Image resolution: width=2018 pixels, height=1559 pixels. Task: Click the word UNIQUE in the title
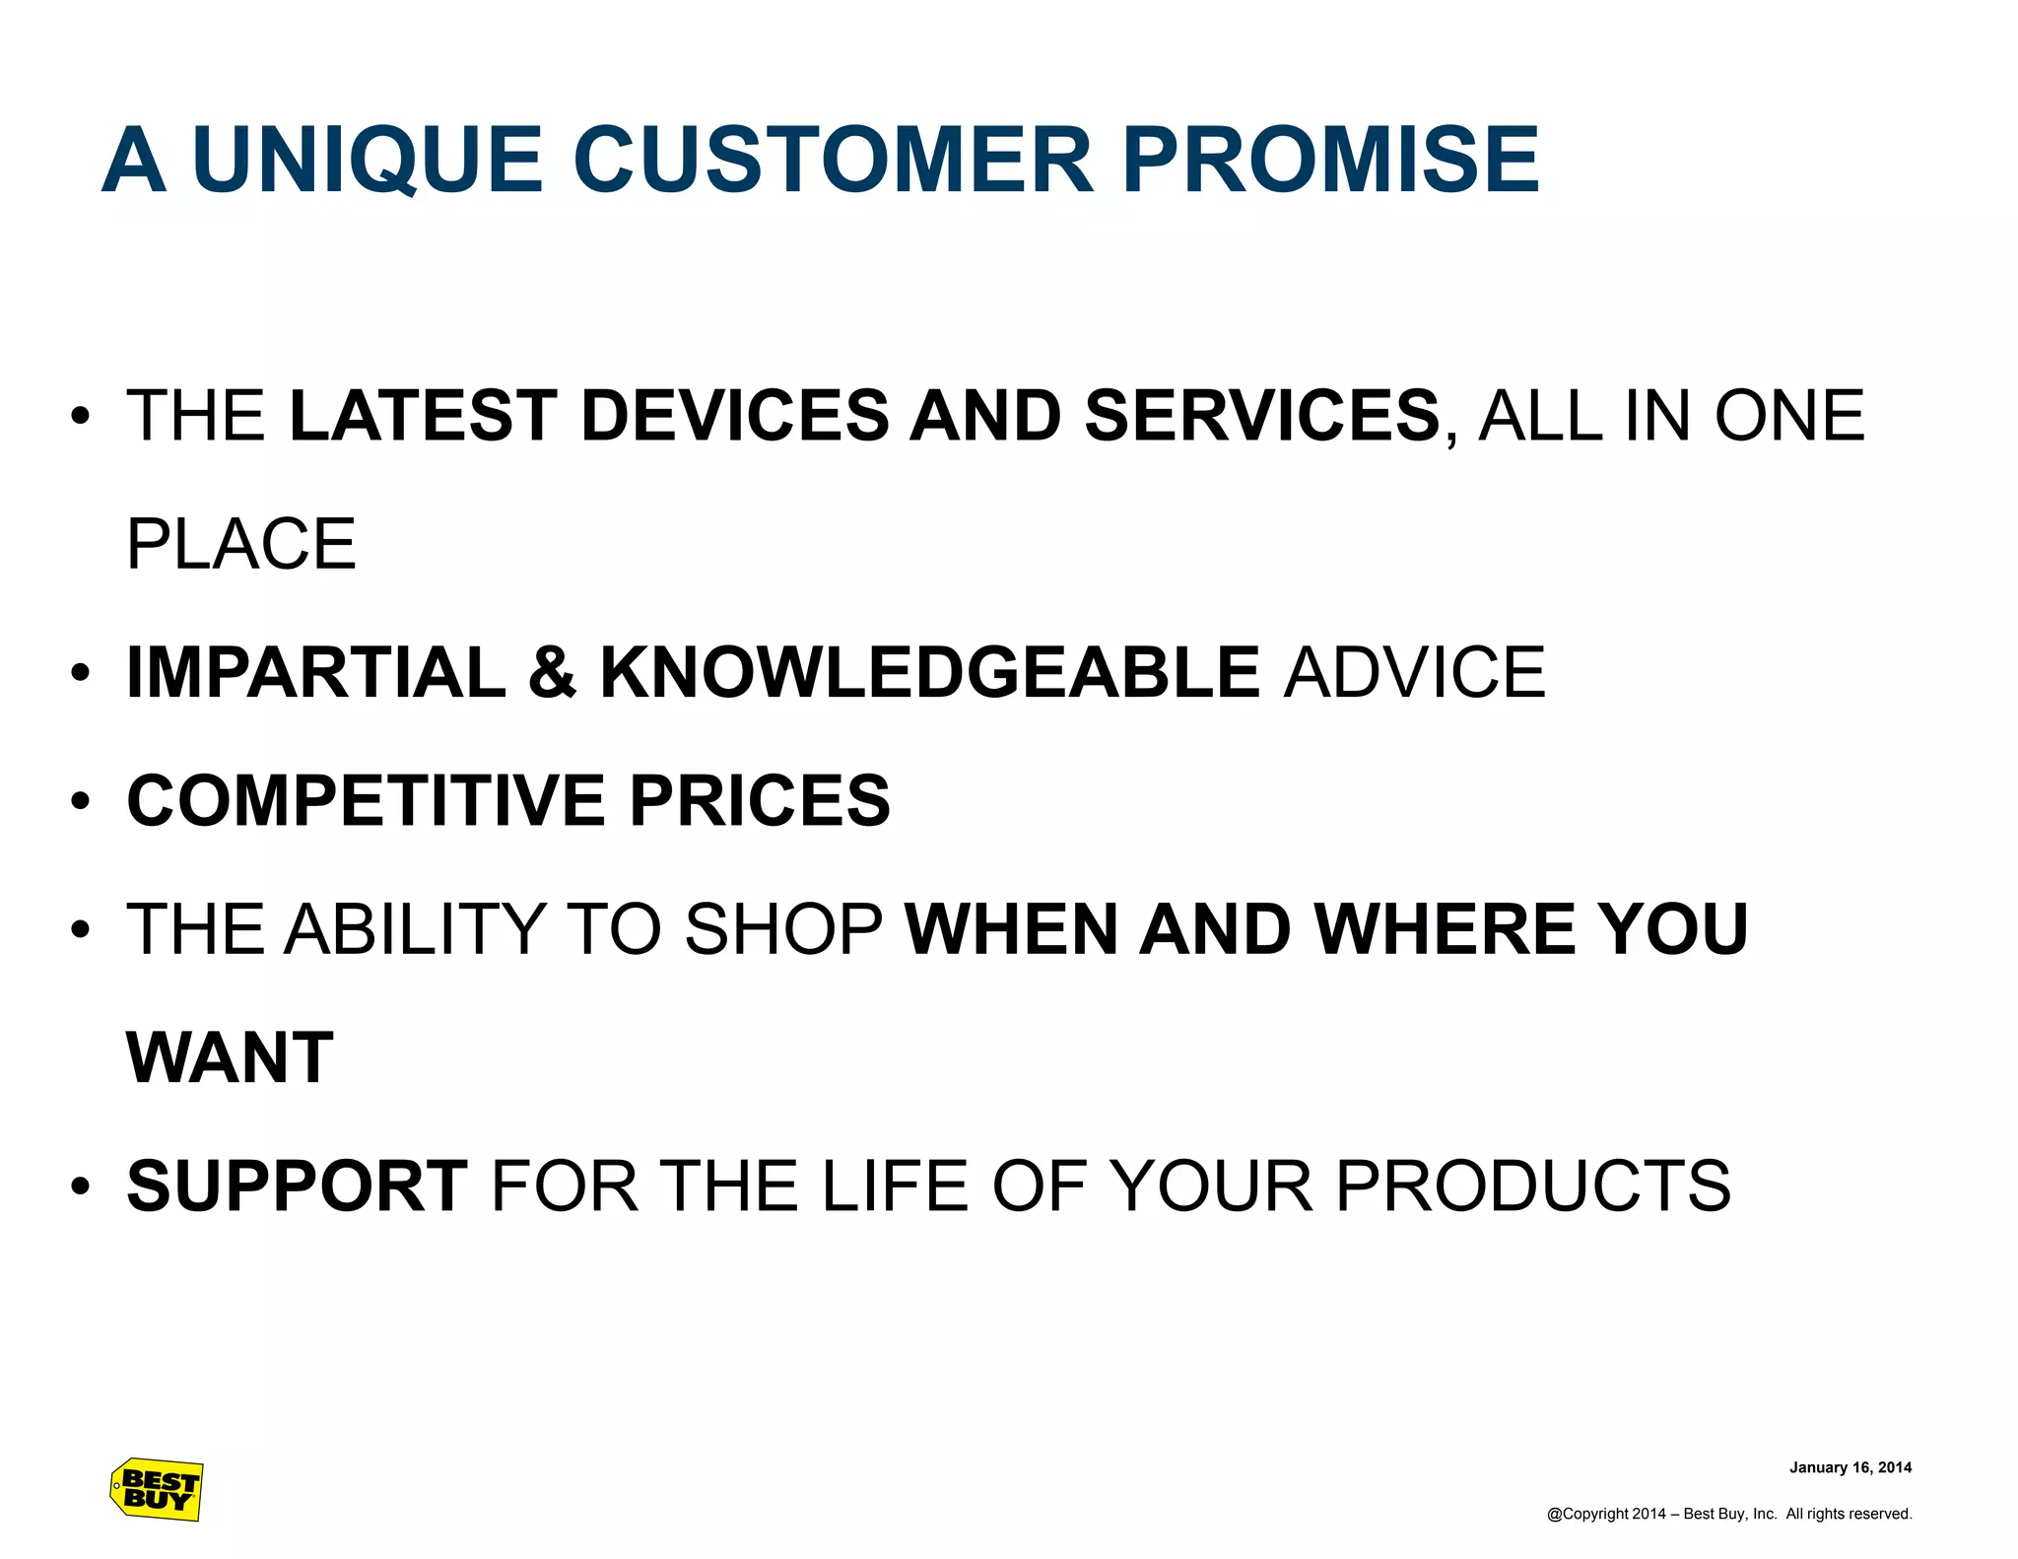point(368,160)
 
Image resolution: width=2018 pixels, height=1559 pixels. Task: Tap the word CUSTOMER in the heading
point(834,160)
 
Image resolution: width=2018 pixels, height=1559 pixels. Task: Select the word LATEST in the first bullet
point(424,415)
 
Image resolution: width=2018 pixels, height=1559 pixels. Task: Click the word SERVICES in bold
point(1262,415)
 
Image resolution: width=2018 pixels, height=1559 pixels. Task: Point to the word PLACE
point(241,544)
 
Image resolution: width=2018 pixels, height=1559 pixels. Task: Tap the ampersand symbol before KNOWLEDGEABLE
point(552,672)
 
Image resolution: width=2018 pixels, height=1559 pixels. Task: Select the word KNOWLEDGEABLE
point(930,672)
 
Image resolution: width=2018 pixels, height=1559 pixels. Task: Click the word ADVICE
point(1415,672)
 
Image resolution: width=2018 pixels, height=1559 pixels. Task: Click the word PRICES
point(760,800)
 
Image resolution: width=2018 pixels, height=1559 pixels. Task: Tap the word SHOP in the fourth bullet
point(783,929)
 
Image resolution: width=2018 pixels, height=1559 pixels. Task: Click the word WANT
point(231,1057)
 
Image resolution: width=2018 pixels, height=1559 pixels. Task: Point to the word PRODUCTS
point(1532,1186)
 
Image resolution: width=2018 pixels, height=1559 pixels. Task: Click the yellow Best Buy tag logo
point(157,1489)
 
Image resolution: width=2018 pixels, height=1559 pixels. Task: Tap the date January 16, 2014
point(1850,1467)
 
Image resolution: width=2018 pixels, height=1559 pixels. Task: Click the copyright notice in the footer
point(1728,1514)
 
